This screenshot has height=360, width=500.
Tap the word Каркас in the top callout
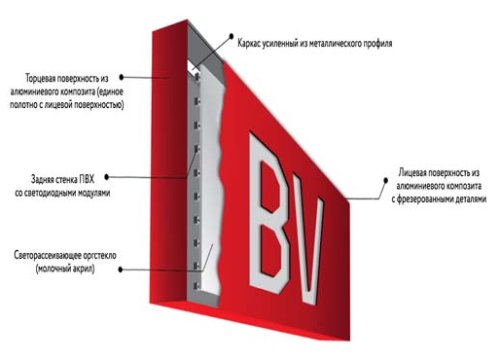click(x=249, y=43)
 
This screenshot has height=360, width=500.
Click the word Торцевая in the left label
click(x=40, y=78)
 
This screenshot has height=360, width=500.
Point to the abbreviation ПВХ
click(x=87, y=179)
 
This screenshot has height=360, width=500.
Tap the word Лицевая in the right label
click(x=412, y=173)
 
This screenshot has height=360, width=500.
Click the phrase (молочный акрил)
click(x=65, y=269)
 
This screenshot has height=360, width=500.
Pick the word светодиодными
click(x=55, y=193)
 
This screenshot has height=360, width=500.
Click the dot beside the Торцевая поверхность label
click(x=122, y=77)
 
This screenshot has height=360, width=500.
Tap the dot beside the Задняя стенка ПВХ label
click(x=107, y=177)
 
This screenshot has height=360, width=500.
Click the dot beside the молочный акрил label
click(x=121, y=269)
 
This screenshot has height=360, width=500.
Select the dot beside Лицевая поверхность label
click(x=386, y=180)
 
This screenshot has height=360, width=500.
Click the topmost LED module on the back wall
click(x=197, y=77)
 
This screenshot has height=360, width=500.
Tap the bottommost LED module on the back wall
click(x=196, y=286)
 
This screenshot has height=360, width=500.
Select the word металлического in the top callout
click(x=334, y=43)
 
